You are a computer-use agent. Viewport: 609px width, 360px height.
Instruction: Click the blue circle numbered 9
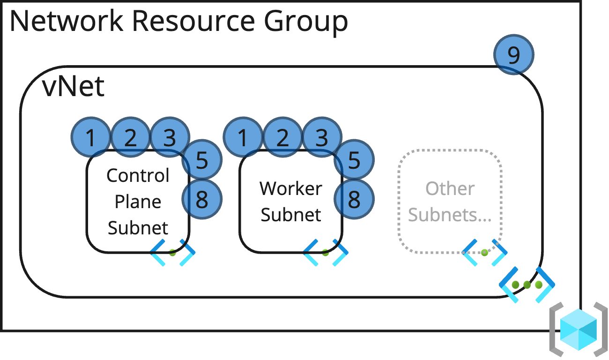[514, 54]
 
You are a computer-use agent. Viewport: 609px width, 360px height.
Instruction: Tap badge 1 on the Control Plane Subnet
[91, 137]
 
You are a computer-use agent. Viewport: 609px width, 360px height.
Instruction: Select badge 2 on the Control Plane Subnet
[131, 137]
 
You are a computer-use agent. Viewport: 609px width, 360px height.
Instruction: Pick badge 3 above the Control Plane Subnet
[170, 137]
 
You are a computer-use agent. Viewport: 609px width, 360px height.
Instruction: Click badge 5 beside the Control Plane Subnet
[202, 160]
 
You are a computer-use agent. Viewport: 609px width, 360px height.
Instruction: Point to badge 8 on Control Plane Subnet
[202, 199]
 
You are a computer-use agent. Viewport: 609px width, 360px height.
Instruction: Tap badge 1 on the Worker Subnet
[243, 137]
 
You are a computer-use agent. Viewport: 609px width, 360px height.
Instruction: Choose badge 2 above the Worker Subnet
[282, 137]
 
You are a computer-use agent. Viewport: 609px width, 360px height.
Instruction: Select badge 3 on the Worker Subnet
[322, 137]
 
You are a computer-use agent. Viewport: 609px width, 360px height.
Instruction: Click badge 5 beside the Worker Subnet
[354, 160]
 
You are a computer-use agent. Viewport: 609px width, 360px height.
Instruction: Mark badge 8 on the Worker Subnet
[354, 199]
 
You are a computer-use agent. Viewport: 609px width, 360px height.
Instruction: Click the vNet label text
[74, 87]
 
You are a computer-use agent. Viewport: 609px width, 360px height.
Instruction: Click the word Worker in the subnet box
[291, 188]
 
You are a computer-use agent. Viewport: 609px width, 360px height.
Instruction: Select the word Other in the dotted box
[450, 188]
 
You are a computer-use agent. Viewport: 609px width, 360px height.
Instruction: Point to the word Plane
[138, 202]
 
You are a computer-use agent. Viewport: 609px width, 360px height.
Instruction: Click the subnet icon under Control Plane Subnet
[172, 253]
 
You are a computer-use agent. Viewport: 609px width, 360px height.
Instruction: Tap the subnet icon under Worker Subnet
[326, 253]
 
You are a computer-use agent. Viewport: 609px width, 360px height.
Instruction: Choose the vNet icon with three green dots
[527, 285]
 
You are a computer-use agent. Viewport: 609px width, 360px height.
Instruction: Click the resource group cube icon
[579, 330]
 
